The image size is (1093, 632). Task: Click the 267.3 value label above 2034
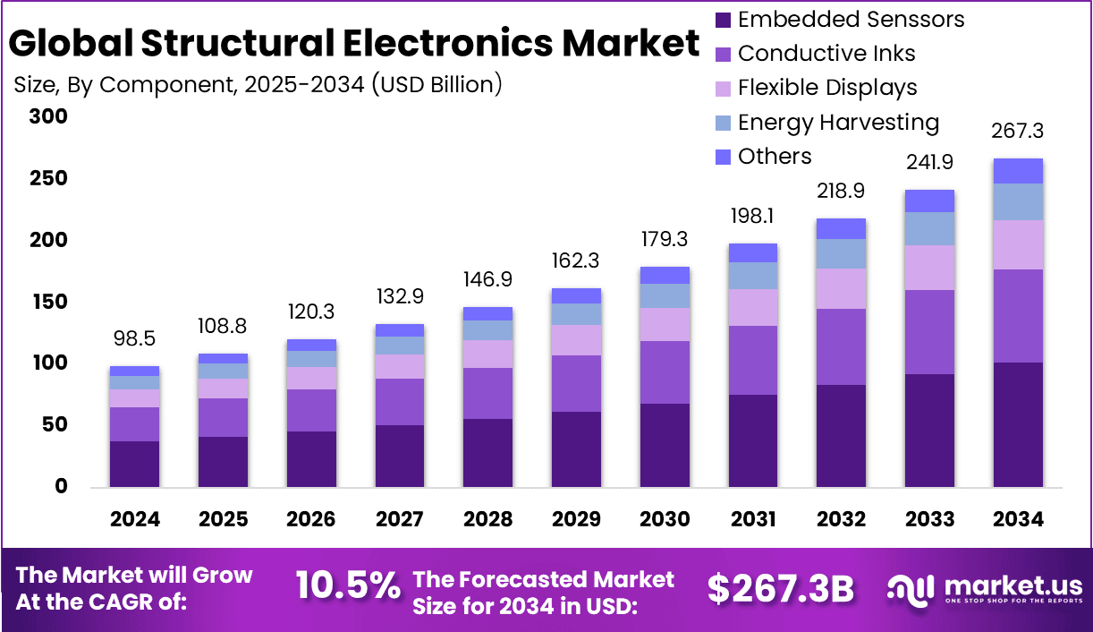1018,132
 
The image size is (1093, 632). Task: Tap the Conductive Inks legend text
826,54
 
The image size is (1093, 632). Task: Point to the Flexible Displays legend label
827,88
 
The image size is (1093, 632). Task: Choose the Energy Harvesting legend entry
838,123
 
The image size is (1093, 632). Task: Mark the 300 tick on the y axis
48,116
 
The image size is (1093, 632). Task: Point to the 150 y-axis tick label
48,302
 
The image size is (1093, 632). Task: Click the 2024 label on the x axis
135,520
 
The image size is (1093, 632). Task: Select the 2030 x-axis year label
665,520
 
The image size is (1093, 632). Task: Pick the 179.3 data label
665,241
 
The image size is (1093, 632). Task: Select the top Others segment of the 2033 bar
929,201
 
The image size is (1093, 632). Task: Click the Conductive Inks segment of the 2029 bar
576,383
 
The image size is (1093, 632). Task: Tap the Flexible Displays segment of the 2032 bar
841,288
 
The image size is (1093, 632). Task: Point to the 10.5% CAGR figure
347,586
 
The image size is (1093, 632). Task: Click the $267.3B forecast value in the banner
780,588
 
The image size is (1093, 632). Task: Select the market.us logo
985,589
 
